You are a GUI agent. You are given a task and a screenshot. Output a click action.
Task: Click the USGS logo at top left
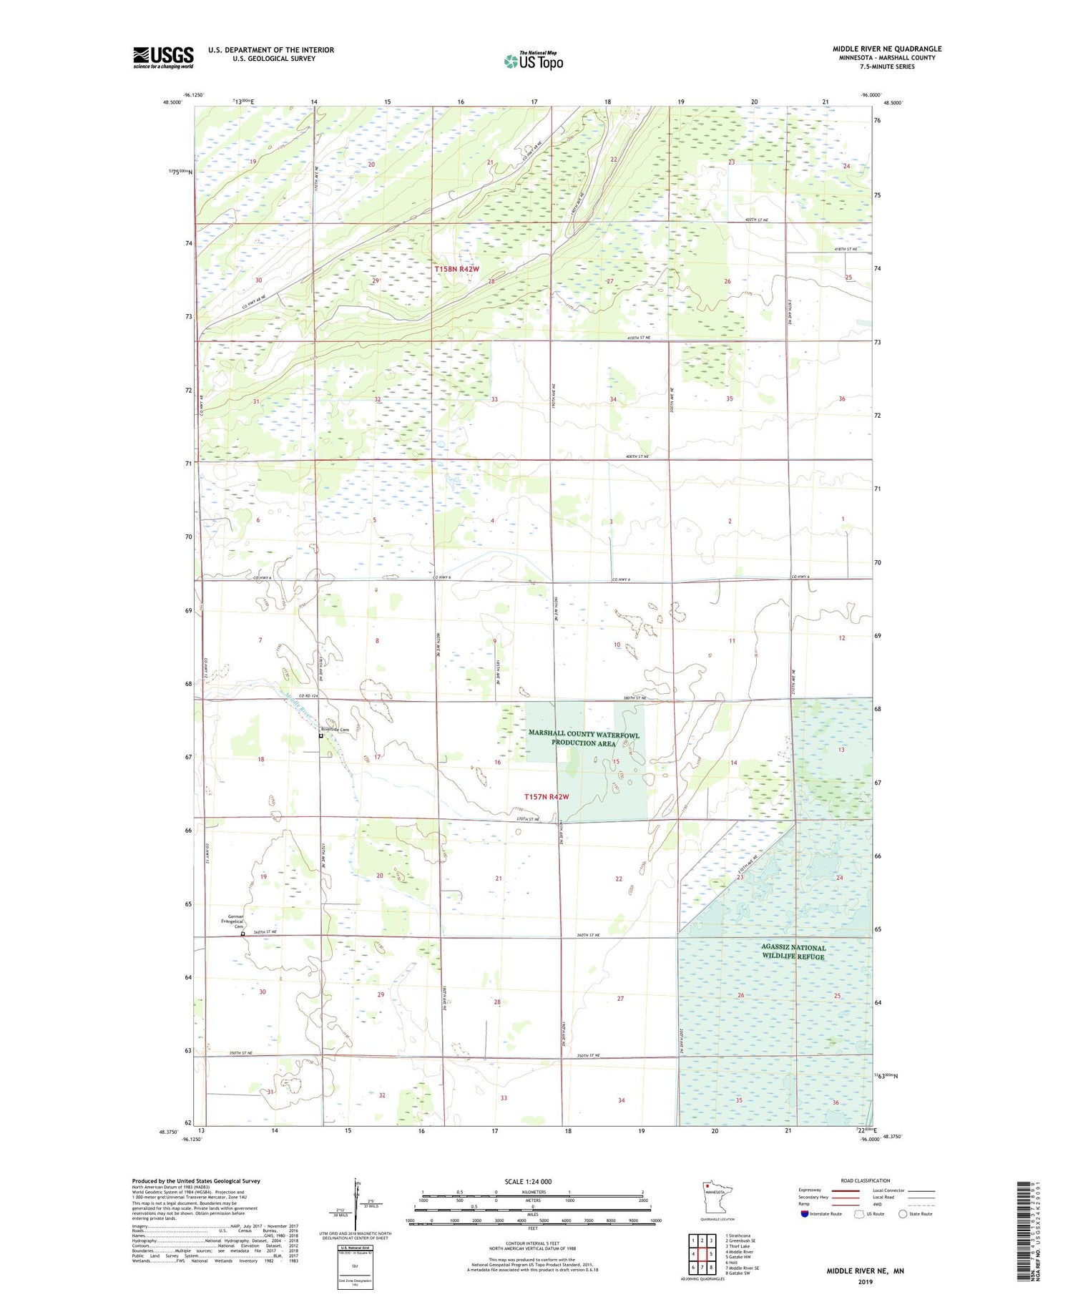163,57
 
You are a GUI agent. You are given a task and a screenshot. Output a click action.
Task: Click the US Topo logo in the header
534,62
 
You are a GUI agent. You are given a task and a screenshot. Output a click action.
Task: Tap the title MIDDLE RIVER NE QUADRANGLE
886,49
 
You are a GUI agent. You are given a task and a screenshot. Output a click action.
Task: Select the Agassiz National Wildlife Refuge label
793,952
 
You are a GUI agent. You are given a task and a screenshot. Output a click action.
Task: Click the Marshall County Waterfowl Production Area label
584,739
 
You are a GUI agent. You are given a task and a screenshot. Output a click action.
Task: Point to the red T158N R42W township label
456,269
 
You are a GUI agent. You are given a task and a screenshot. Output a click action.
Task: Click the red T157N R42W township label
547,796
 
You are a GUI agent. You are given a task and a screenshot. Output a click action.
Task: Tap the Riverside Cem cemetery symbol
321,736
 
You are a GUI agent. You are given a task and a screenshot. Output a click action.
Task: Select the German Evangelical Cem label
236,921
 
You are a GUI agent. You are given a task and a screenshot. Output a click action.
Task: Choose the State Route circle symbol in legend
903,1214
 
